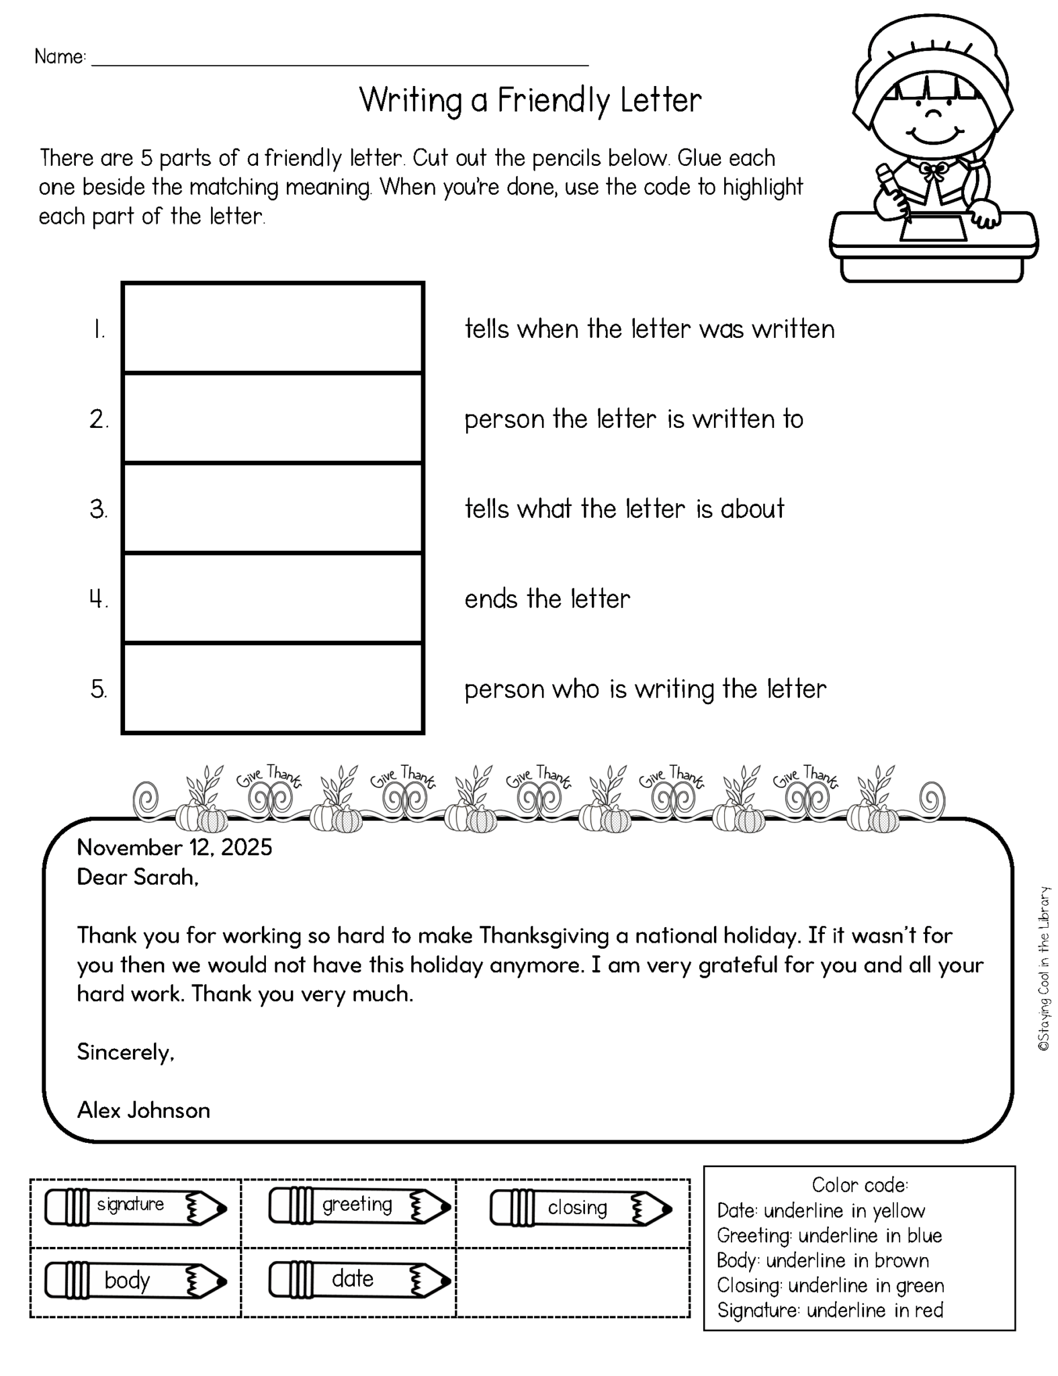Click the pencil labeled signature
pyautogui.click(x=135, y=1207)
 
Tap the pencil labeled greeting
pyautogui.click(x=359, y=1207)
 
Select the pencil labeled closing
pyautogui.click(x=580, y=1209)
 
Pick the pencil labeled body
pyautogui.click(x=135, y=1281)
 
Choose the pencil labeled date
pyautogui.click(x=359, y=1279)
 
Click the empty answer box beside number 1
pyautogui.click(x=272, y=328)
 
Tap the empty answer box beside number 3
pyautogui.click(x=272, y=509)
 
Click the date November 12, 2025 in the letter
pyautogui.click(x=175, y=848)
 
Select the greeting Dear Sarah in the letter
pyautogui.click(x=138, y=877)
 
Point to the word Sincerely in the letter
pyautogui.click(x=126, y=1052)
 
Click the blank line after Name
pyautogui.click(x=339, y=59)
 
